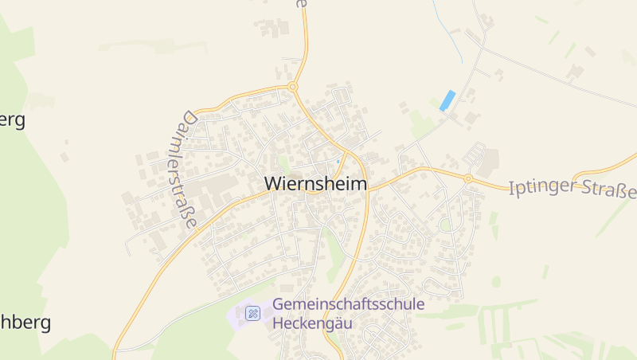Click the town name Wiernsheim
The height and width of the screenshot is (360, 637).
tap(316, 184)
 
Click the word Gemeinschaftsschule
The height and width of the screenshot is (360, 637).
tap(349, 304)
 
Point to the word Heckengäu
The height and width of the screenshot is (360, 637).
tap(312, 323)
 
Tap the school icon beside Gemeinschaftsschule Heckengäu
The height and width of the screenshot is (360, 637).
tap(253, 313)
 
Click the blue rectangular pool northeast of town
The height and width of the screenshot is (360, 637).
tap(447, 100)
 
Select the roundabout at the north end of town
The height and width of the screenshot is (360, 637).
tap(293, 86)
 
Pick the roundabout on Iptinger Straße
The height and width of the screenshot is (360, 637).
tap(469, 178)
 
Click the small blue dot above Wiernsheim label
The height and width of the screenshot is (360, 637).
tap(338, 162)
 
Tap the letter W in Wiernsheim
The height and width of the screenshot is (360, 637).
tap(272, 184)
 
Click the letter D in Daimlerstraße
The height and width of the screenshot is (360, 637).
tap(188, 118)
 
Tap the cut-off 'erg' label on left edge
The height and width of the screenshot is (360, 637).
tap(13, 120)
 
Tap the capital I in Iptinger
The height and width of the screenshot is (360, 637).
tap(511, 186)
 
